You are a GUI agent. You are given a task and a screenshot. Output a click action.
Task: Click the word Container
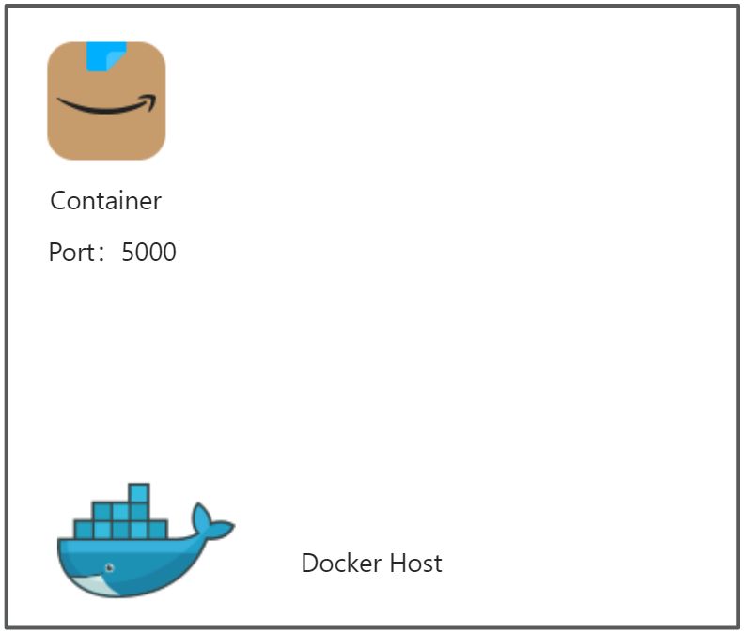pyautogui.click(x=105, y=201)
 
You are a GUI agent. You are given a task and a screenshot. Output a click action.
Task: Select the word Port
pyautogui.click(x=70, y=253)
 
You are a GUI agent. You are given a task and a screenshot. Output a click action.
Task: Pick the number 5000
pyautogui.click(x=148, y=253)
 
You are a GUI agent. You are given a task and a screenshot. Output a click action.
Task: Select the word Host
pyautogui.click(x=414, y=564)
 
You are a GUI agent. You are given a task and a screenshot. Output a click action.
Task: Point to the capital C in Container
pyautogui.click(x=57, y=201)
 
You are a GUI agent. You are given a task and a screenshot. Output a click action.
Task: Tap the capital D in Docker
pyautogui.click(x=309, y=564)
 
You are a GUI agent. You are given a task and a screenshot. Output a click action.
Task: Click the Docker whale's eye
pyautogui.click(x=110, y=568)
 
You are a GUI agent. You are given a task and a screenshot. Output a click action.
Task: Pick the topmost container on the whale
pyautogui.click(x=139, y=493)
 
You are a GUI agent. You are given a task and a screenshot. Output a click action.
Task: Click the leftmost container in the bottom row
pyautogui.click(x=84, y=530)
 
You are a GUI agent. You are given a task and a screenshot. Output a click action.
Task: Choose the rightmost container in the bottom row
pyautogui.click(x=158, y=530)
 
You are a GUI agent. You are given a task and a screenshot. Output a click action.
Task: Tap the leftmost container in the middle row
pyautogui.click(x=102, y=512)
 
